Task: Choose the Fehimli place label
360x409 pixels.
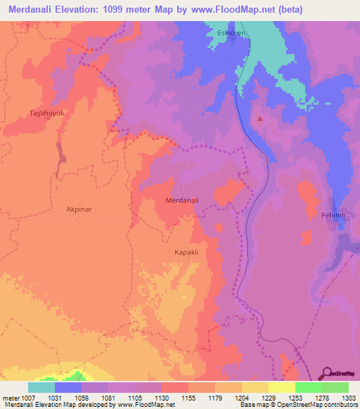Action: point(335,214)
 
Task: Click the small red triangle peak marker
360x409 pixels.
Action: point(261,118)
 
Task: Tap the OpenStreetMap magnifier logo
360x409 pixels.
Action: point(328,374)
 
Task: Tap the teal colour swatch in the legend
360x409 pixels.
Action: point(41,387)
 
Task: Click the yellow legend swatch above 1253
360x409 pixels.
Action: point(281,387)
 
